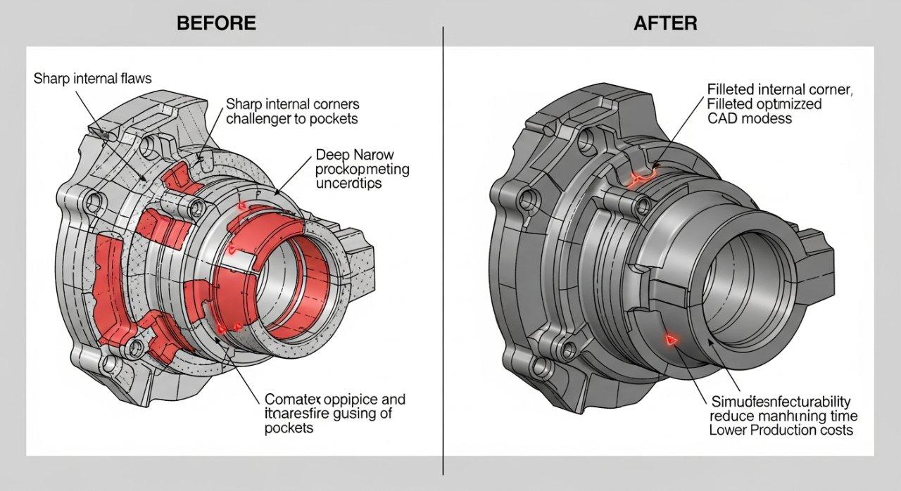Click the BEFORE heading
(216, 23)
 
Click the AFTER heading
(665, 23)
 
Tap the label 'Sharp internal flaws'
(92, 79)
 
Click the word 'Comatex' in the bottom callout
(289, 400)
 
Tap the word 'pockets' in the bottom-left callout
(289, 428)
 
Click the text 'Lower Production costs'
(780, 430)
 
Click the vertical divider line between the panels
(443, 246)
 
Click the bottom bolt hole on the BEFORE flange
(109, 364)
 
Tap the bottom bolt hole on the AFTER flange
(541, 366)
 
